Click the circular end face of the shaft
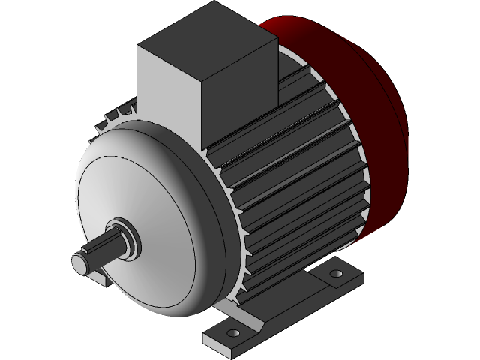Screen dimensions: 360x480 [81, 262]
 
